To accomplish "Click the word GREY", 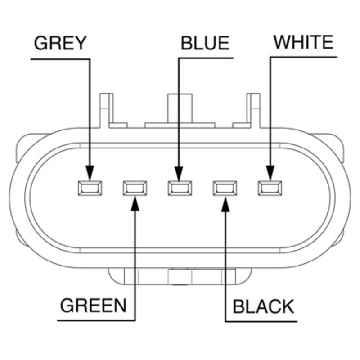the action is click(x=60, y=43).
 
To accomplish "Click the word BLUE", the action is click(x=205, y=43).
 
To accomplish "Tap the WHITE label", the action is click(x=303, y=42).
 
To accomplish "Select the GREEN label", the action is click(x=93, y=306).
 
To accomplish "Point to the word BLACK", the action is click(x=263, y=307).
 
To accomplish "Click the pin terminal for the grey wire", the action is click(x=90, y=188).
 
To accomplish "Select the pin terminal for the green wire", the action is click(x=135, y=188).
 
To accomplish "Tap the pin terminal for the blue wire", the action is click(x=180, y=188).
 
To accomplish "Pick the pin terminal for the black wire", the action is click(x=225, y=188).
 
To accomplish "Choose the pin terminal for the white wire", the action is click(x=270, y=188).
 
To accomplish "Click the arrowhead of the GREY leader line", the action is click(x=90, y=173).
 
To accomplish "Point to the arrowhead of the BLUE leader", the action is click(x=179, y=173).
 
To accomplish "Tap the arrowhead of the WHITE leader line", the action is click(x=270, y=173).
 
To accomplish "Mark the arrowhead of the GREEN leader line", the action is click(x=135, y=203).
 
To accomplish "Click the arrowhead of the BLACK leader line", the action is click(x=225, y=204).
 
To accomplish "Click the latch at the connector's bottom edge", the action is click(x=180, y=276).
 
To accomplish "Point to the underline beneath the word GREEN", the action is click(x=96, y=320).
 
